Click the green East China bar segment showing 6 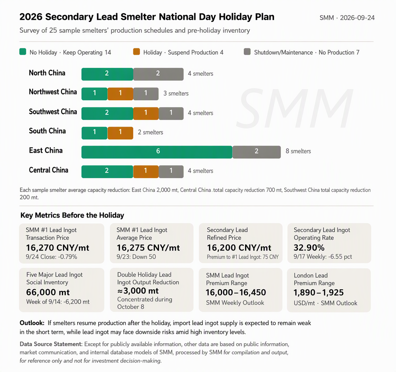click(x=157, y=152)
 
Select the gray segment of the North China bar click(x=158, y=74)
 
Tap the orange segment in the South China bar click(x=120, y=133)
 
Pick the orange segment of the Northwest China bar click(x=120, y=94)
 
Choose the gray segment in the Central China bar click(x=171, y=171)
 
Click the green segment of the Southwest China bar click(x=107, y=113)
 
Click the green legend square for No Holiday click(x=23, y=51)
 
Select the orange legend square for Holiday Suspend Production click(x=136, y=51)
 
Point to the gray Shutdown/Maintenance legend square click(x=247, y=51)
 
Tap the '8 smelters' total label click(x=298, y=151)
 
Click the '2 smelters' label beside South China click(x=150, y=132)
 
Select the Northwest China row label click(x=53, y=92)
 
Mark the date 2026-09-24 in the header click(x=357, y=18)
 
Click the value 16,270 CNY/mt click(x=58, y=248)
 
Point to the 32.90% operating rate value click(x=309, y=248)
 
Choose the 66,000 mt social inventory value click(x=48, y=292)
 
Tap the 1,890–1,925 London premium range click(x=319, y=293)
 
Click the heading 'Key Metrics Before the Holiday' click(x=72, y=215)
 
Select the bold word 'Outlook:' click(x=32, y=323)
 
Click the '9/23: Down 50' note click(x=136, y=257)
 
